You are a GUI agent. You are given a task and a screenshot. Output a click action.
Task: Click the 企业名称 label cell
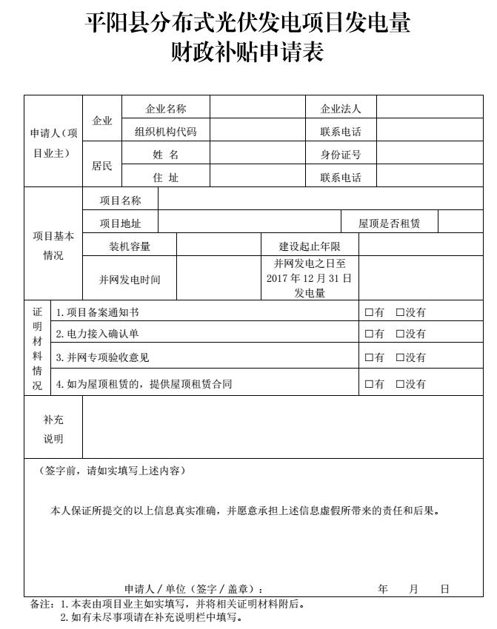166,109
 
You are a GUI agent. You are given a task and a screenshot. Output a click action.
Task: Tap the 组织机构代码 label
166,132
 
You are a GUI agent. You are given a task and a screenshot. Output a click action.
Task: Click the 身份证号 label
341,155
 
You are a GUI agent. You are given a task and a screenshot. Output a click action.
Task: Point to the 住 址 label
166,178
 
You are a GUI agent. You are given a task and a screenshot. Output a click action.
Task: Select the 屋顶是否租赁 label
389,223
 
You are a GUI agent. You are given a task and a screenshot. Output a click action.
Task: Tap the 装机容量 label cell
130,246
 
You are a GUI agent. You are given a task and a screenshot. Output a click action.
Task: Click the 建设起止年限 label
310,246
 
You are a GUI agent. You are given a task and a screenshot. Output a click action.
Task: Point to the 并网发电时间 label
130,279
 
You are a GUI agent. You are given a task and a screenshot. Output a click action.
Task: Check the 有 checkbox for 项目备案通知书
369,313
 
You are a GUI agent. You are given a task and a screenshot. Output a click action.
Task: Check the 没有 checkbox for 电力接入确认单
400,334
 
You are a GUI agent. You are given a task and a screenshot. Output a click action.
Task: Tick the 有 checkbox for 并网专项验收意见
369,357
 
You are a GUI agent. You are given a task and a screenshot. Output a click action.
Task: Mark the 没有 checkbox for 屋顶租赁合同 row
400,384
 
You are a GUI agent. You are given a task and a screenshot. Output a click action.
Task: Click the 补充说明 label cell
53,428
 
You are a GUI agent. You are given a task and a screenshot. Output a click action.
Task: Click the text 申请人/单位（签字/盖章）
194,589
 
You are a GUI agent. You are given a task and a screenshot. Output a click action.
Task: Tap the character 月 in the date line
413,589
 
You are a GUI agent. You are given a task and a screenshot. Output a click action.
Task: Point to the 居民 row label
102,166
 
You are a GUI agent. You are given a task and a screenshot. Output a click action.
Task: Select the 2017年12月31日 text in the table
310,278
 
